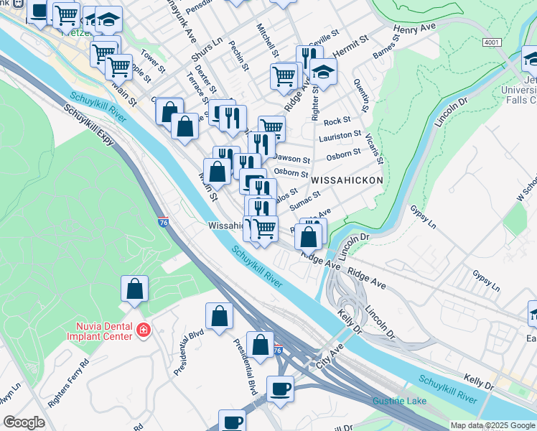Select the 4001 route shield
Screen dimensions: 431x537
491,42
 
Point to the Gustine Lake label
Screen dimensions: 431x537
399,400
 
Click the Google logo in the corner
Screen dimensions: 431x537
24,422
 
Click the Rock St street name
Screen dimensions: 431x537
337,121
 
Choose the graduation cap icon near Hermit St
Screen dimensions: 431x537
324,72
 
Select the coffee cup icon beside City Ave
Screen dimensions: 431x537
280,389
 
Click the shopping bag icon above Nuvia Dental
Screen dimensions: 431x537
134,289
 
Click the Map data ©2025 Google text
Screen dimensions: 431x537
492,425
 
